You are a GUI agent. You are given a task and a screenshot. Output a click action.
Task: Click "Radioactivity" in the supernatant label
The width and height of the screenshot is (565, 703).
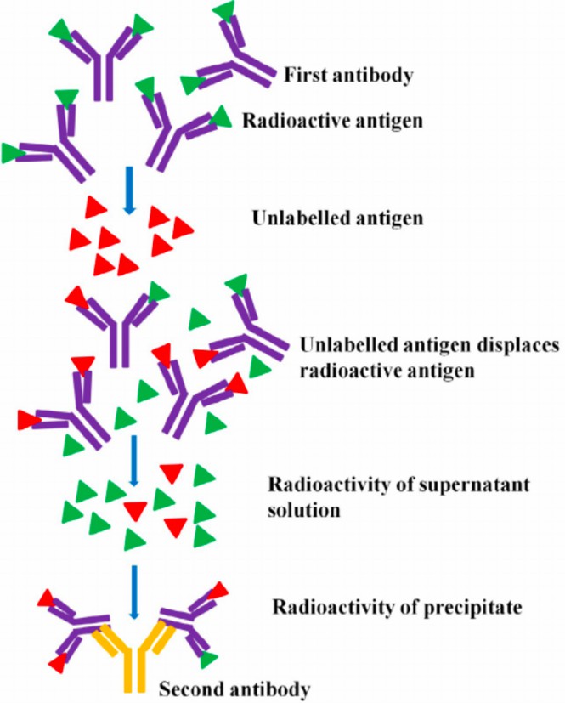(x=319, y=486)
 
